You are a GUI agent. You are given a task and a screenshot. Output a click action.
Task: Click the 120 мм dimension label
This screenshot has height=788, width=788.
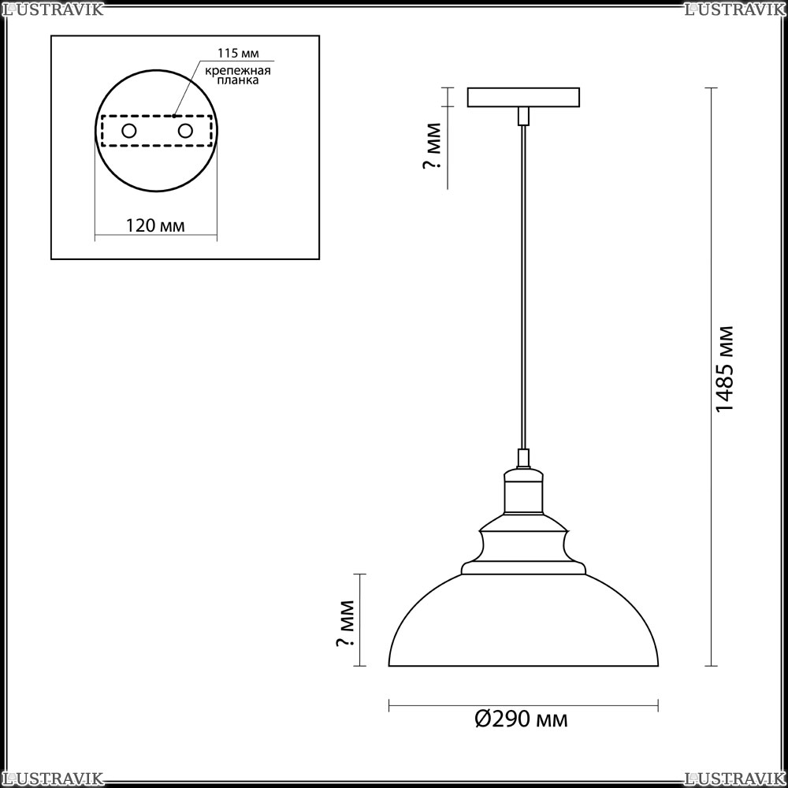point(154,225)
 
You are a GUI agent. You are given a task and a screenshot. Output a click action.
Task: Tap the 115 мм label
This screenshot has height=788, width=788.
point(238,54)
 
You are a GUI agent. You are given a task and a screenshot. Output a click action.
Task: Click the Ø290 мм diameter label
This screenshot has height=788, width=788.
point(521,719)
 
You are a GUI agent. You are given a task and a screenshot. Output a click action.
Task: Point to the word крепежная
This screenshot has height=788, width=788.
point(238,70)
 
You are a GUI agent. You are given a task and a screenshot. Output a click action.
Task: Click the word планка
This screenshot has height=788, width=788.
point(238,80)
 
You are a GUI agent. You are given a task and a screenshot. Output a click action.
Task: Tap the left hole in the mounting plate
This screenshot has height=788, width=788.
point(129,131)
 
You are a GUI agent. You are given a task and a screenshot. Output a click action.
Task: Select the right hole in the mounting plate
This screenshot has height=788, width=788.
point(185,131)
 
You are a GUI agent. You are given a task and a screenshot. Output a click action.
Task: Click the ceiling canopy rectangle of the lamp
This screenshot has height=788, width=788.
point(523,98)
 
